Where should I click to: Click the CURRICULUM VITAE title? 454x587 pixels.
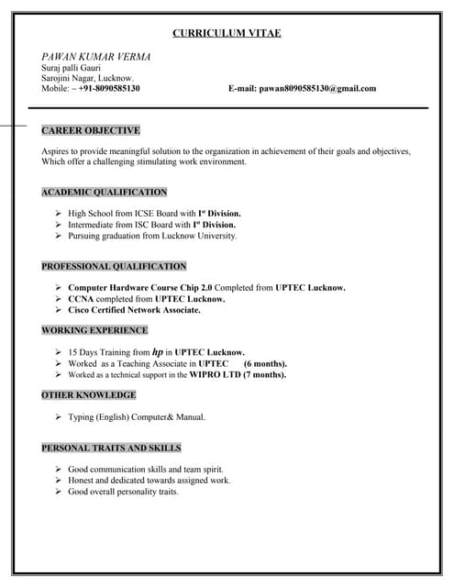tap(227, 33)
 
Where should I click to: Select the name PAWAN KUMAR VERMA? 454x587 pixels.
tap(96, 57)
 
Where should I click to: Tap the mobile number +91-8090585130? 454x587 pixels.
tap(109, 88)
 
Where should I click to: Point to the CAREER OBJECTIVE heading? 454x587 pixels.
tap(91, 130)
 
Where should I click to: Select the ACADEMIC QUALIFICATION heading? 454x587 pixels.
tap(105, 192)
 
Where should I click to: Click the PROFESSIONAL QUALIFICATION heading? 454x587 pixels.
tap(114, 266)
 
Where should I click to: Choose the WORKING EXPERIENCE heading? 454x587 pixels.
tap(94, 329)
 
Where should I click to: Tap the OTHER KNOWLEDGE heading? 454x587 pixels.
tap(89, 394)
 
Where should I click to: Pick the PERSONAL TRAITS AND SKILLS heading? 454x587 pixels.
tap(111, 448)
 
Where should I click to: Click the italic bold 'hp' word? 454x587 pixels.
tap(157, 351)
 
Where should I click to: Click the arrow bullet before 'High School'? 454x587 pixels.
tap(59, 213)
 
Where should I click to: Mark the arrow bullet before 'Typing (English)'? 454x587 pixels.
tap(59, 416)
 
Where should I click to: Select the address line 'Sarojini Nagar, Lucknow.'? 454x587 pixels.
tap(88, 78)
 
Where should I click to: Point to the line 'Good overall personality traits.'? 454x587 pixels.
tap(123, 492)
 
